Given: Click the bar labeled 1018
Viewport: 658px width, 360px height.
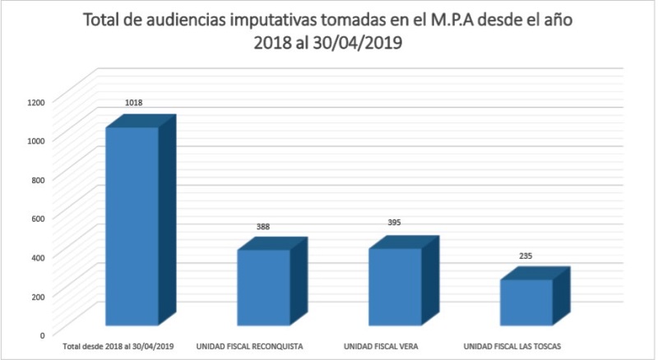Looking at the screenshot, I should [132, 226].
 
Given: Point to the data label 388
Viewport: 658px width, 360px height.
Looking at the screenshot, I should [263, 227].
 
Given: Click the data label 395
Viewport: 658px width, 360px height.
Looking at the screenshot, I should [395, 223].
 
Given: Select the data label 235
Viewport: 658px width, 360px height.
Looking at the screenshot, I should [526, 256].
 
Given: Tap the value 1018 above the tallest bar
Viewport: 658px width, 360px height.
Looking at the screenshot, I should [134, 104].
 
